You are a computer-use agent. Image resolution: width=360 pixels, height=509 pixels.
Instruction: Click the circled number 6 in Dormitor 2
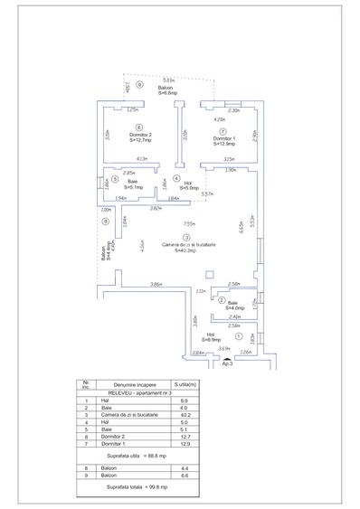tap(138, 127)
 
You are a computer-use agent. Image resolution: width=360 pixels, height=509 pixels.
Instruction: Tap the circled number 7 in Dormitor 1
tap(223, 130)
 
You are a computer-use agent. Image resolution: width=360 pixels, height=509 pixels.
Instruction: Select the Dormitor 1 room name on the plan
tap(223, 137)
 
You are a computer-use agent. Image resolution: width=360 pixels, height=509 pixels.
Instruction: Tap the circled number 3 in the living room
tap(186, 237)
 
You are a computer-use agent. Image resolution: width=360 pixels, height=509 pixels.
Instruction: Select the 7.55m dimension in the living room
tap(189, 222)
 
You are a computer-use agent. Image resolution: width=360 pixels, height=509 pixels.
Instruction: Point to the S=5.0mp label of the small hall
tap(188, 188)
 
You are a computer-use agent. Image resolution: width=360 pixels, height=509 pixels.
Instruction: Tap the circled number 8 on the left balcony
tap(105, 221)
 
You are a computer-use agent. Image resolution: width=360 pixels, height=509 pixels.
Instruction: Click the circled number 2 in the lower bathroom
tap(222, 300)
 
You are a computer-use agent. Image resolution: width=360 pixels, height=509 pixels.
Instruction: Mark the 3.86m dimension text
tap(156, 285)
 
